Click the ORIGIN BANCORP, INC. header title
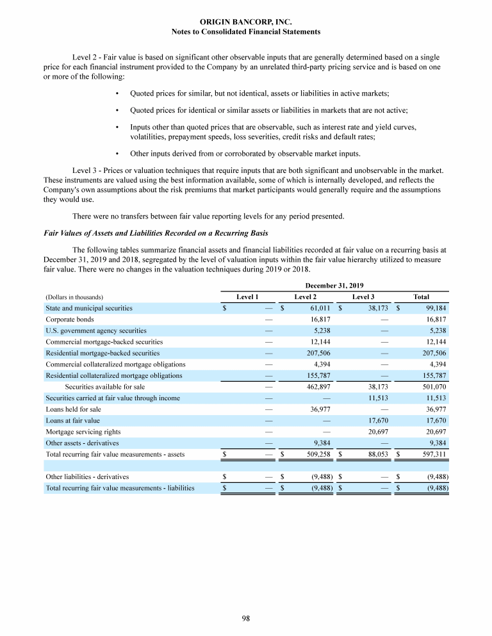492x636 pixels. pyautogui.click(x=247, y=22)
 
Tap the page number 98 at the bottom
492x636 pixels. pyautogui.click(x=246, y=619)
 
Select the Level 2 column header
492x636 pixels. pyautogui.click(x=305, y=297)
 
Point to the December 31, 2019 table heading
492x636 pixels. pyautogui.click(x=334, y=285)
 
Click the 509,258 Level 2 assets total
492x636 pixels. pyautogui.click(x=316, y=454)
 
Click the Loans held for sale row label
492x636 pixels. pyautogui.click(x=73, y=409)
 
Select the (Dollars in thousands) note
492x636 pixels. pyautogui.click(x=75, y=297)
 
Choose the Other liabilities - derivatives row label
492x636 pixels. pyautogui.click(x=87, y=477)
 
